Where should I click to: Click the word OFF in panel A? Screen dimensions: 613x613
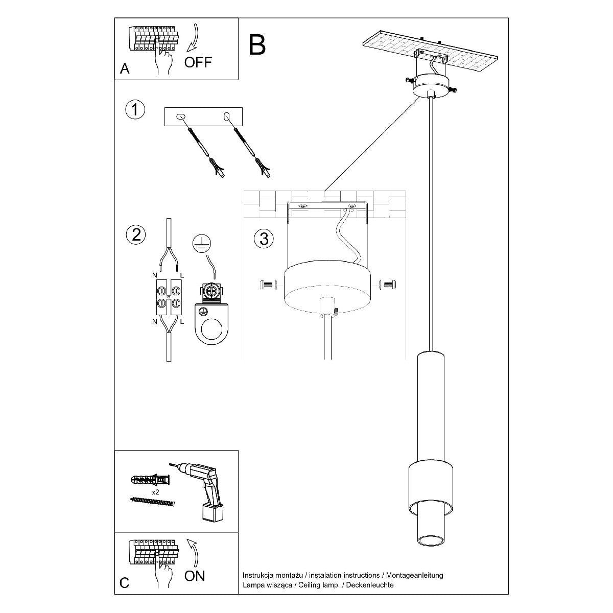198,63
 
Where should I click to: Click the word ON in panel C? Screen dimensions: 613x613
195,576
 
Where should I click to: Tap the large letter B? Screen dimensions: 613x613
257,45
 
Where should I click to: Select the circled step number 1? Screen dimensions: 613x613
135,110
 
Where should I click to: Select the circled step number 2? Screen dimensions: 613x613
135,234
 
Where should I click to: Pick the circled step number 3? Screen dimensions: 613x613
264,239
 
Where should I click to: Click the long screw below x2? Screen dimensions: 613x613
153,502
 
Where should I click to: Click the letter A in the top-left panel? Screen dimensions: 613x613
125,69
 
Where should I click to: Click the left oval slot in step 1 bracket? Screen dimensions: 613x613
180,117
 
